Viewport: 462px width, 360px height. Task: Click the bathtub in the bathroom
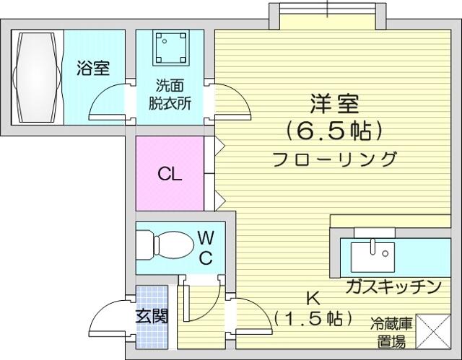pos(37,77)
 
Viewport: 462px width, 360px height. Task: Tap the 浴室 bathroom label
pos(93,68)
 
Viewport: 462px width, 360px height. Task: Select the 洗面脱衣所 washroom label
pos(170,95)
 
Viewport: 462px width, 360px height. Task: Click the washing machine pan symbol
pos(171,48)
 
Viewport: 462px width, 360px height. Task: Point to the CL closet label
pos(170,174)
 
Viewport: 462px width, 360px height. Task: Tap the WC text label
pos(206,248)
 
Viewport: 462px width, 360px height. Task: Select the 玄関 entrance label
pos(152,317)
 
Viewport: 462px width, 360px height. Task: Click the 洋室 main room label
pos(334,104)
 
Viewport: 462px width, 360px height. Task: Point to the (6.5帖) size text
pos(334,131)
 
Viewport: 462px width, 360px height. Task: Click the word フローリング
pos(334,159)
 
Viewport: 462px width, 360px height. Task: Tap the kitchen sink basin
pos(372,258)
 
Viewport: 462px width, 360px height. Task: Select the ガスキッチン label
pos(393,286)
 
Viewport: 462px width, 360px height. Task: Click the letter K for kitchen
pos(313,299)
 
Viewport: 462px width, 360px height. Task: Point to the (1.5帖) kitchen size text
pos(313,318)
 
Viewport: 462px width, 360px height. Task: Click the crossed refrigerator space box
pos(433,331)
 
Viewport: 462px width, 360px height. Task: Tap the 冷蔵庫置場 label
pos(392,333)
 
